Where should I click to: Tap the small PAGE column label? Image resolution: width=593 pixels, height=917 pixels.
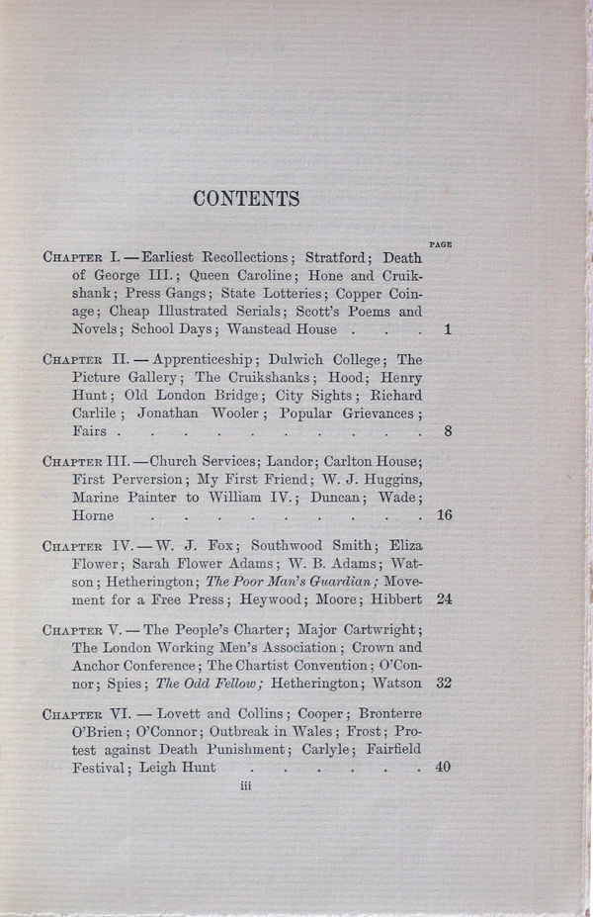(441, 243)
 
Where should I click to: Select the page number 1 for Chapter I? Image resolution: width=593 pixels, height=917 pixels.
(447, 329)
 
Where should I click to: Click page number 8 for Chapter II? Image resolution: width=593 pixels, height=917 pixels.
(449, 431)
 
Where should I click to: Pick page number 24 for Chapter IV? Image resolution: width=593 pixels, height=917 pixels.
(444, 599)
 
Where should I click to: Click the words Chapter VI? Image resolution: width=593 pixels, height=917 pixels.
(85, 714)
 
